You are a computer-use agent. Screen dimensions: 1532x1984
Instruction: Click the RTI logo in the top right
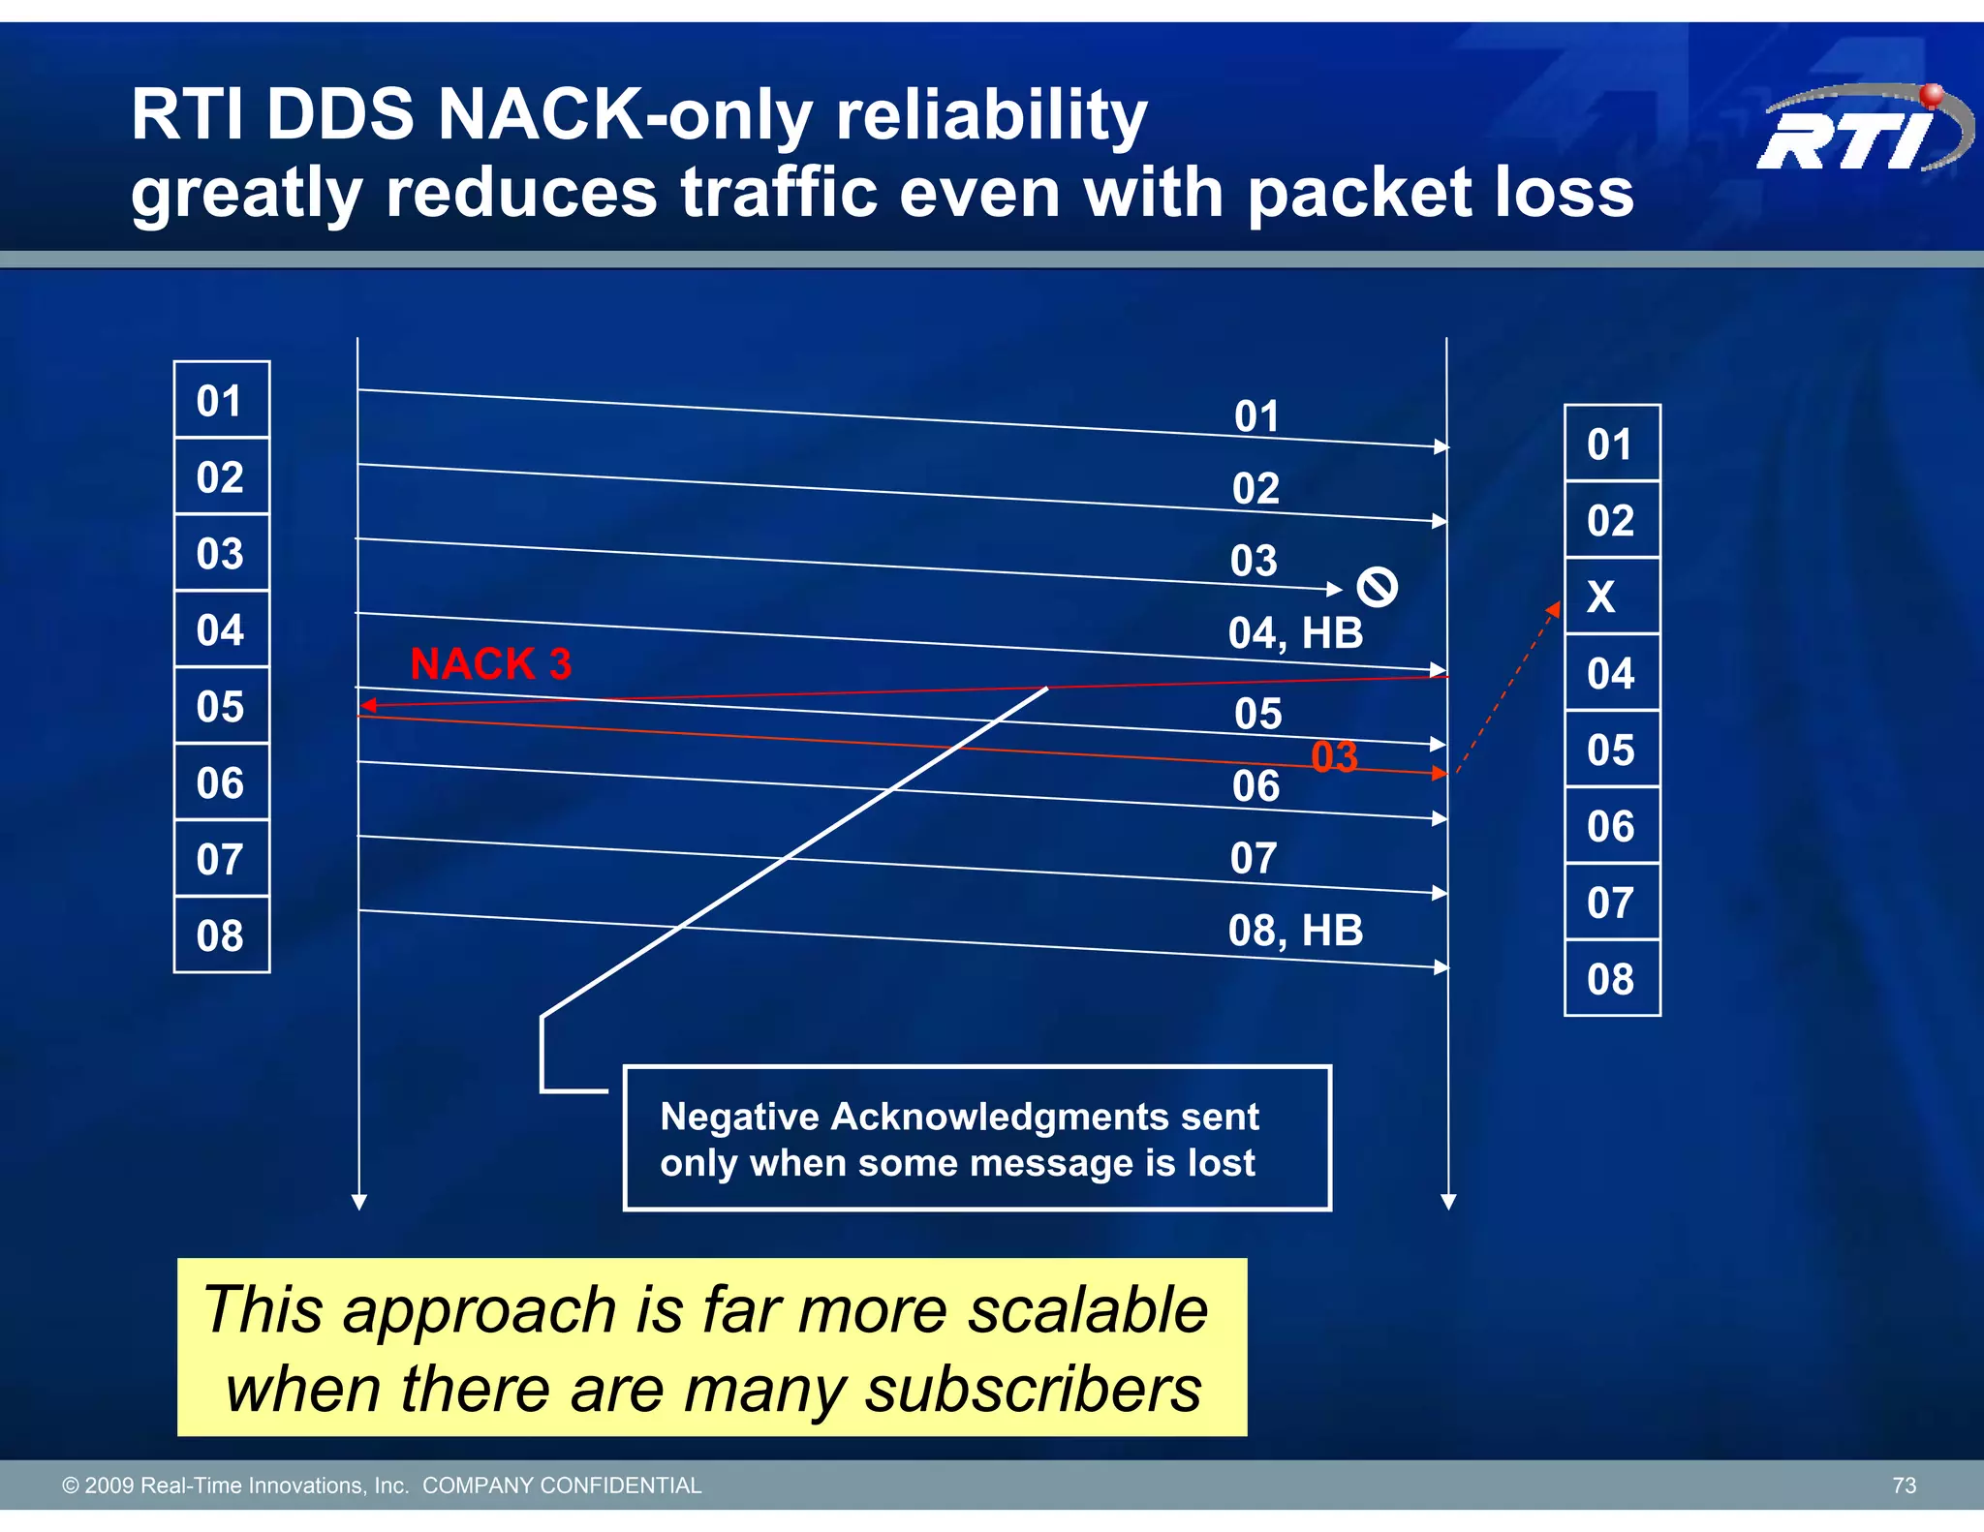coord(1862,131)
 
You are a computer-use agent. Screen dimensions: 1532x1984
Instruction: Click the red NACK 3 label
coord(490,664)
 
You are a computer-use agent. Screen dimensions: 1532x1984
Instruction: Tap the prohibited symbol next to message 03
coord(1377,587)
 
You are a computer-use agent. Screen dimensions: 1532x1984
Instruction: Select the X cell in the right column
coord(1611,597)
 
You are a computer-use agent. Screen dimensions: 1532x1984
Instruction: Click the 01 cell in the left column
coord(221,401)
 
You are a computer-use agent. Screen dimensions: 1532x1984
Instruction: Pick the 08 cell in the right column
coord(1611,979)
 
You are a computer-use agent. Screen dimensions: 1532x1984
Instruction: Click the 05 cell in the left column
coord(221,707)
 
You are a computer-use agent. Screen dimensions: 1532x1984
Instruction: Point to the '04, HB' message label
coord(1295,634)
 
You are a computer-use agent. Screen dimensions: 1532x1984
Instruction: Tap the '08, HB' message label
coord(1295,932)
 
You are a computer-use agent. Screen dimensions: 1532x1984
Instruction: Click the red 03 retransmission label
coord(1334,757)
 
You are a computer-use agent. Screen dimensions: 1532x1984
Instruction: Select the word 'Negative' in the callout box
coord(740,1118)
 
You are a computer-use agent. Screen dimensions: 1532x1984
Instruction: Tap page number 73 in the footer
coord(1904,1486)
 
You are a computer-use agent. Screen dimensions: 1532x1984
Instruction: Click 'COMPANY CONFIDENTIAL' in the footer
coord(562,1486)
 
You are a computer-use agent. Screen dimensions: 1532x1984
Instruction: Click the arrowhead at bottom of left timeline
coord(359,1202)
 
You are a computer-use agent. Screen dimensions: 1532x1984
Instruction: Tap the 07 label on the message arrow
coord(1254,859)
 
